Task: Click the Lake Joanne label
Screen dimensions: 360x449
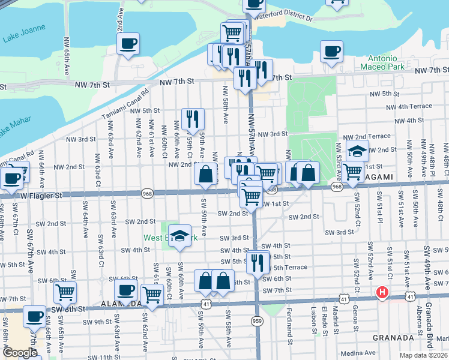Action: coord(20,39)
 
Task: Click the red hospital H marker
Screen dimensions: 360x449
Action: coord(381,293)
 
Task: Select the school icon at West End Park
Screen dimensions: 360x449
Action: coord(179,235)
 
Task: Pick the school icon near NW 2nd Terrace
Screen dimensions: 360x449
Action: coord(357,151)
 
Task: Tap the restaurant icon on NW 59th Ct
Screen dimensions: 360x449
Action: coord(193,118)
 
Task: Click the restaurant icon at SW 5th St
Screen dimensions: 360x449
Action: coord(258,262)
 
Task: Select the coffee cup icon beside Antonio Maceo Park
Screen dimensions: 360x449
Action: coord(331,52)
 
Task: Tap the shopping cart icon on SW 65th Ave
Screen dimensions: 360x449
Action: coord(65,293)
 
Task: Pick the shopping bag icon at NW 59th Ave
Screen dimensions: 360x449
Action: coord(205,175)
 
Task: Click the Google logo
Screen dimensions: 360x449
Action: coord(20,353)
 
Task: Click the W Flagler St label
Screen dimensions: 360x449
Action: coord(41,195)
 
